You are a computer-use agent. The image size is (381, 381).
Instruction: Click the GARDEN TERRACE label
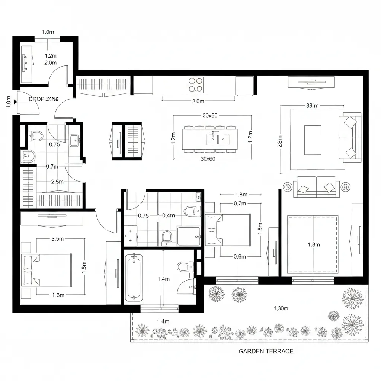(266, 351)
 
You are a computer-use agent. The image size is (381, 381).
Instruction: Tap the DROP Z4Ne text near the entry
(44, 99)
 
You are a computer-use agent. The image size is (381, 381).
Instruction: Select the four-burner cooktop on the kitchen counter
(196, 84)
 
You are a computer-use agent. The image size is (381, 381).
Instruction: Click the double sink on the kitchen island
(218, 139)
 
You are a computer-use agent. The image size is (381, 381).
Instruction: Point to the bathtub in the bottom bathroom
(134, 277)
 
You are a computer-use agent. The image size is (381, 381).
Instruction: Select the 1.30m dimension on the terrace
(281, 308)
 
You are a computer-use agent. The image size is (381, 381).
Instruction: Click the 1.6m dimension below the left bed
(58, 295)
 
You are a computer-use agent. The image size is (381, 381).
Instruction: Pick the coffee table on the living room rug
(313, 140)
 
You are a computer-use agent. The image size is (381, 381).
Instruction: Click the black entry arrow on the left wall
(15, 102)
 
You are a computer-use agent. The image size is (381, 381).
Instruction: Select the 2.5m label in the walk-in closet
(57, 182)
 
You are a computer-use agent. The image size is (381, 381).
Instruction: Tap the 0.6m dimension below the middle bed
(240, 256)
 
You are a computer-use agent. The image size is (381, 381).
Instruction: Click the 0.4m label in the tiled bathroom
(169, 215)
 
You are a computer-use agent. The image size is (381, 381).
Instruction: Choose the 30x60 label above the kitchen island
(210, 115)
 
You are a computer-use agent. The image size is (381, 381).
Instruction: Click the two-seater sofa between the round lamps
(316, 186)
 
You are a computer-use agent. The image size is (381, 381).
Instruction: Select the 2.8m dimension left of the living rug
(280, 141)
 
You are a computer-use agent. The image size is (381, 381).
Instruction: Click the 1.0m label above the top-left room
(48, 32)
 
